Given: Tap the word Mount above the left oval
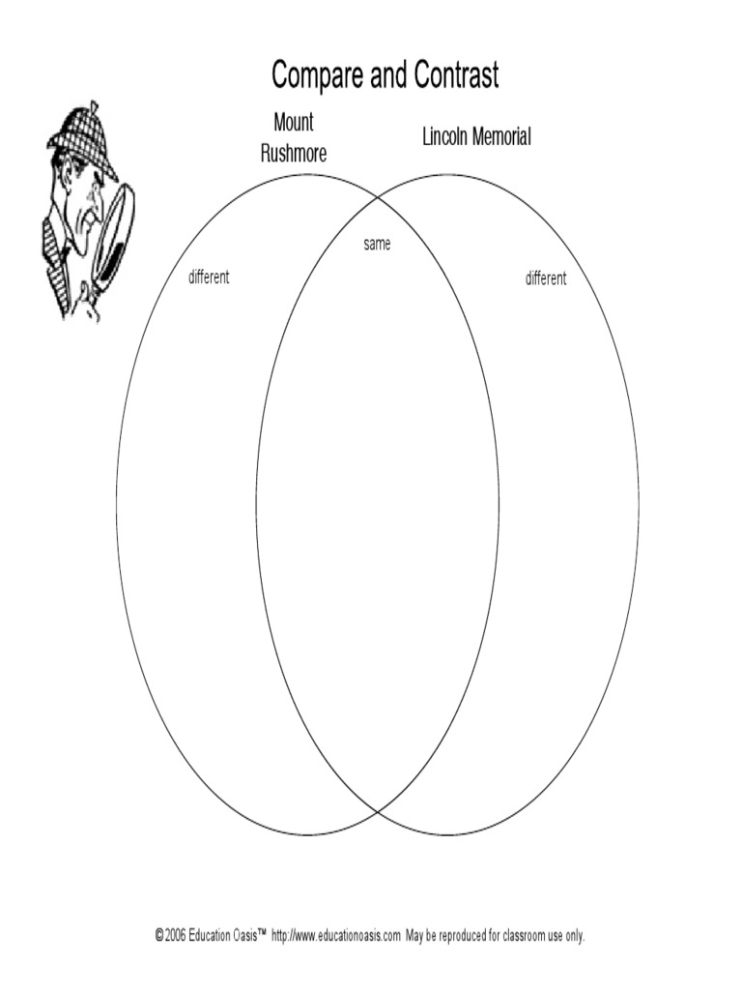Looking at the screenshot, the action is tap(294, 124).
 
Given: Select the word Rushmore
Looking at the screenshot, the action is tap(294, 153).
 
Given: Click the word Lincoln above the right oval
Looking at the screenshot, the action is tap(444, 137).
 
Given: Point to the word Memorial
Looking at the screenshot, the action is tap(500, 137).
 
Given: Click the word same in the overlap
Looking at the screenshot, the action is tap(377, 245).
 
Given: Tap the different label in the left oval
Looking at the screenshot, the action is tap(209, 278).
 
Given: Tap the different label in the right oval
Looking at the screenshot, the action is tap(546, 278).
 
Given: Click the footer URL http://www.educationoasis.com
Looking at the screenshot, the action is tap(336, 936).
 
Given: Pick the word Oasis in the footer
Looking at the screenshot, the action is tap(243, 936).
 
